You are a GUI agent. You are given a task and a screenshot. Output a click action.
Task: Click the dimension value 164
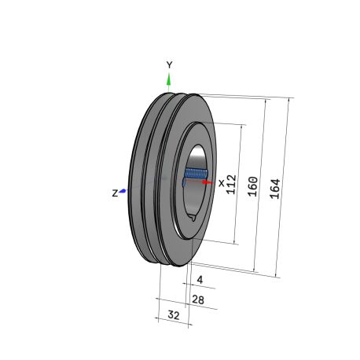tap(275, 189)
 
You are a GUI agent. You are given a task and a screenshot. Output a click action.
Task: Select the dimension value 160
tap(253, 186)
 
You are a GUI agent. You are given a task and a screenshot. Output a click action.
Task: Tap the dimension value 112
tap(231, 185)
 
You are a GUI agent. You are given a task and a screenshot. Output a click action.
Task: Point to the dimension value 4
tap(200, 280)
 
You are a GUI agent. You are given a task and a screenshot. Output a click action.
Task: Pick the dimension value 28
tap(198, 299)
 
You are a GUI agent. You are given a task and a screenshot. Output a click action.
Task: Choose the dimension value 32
tap(174, 314)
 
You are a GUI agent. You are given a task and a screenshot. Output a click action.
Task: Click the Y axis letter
tap(170, 64)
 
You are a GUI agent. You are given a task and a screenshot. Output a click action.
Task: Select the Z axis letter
tap(115, 193)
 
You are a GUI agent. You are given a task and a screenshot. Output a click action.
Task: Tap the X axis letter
tap(222, 183)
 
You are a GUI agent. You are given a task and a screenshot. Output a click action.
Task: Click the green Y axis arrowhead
tap(169, 79)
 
